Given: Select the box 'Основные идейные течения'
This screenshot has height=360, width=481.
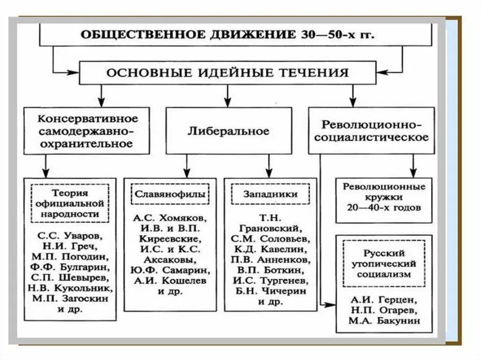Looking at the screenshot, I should pyautogui.click(x=227, y=73).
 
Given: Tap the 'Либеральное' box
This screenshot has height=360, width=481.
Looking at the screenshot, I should pyautogui.click(x=228, y=131).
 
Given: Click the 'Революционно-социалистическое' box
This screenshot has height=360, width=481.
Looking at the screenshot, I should pyautogui.click(x=371, y=131).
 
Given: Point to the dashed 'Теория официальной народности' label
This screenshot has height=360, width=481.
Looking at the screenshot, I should pyautogui.click(x=70, y=203).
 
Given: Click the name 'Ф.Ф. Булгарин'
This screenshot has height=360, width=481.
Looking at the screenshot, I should pyautogui.click(x=70, y=267).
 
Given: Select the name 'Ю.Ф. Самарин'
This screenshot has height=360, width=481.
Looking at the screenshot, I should pyautogui.click(x=170, y=270).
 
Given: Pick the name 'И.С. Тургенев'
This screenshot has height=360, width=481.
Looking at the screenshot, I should pyautogui.click(x=271, y=281).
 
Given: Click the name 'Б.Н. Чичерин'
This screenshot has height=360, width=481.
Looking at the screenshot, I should pyautogui.click(x=271, y=291).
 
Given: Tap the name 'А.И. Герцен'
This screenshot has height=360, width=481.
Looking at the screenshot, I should pyautogui.click(x=384, y=299).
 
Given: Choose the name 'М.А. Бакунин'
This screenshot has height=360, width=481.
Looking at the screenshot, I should pyautogui.click(x=384, y=321).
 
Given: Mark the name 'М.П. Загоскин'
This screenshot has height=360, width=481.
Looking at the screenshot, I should pyautogui.click(x=70, y=299).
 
